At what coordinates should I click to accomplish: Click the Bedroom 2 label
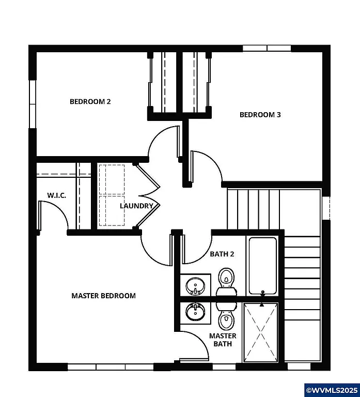(90, 102)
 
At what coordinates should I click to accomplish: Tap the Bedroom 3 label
(260, 115)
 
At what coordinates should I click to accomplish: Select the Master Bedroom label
(103, 296)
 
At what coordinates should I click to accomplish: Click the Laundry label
(136, 206)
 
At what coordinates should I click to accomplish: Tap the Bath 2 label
(222, 254)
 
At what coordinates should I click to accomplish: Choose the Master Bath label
(223, 340)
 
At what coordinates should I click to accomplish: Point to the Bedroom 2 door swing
(164, 141)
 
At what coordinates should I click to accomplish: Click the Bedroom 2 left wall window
(32, 103)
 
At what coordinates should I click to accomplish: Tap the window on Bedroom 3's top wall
(267, 49)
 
